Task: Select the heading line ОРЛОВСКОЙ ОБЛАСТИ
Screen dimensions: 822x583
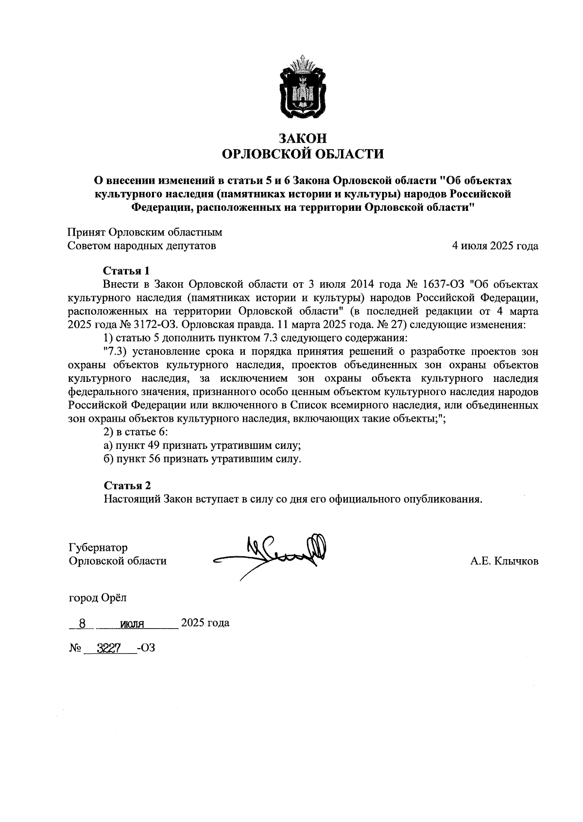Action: pos(302,154)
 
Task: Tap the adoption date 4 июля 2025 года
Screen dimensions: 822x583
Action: pos(495,246)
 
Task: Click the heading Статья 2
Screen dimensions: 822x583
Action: pos(127,486)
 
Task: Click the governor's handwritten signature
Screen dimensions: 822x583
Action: pos(272,554)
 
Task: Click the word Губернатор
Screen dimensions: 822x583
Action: pos(98,548)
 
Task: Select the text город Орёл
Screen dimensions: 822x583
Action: pos(97,598)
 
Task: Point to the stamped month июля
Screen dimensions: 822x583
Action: pos(130,624)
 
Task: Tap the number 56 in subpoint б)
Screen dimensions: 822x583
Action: pos(156,459)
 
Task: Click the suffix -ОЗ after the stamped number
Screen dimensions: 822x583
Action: pos(146,648)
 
